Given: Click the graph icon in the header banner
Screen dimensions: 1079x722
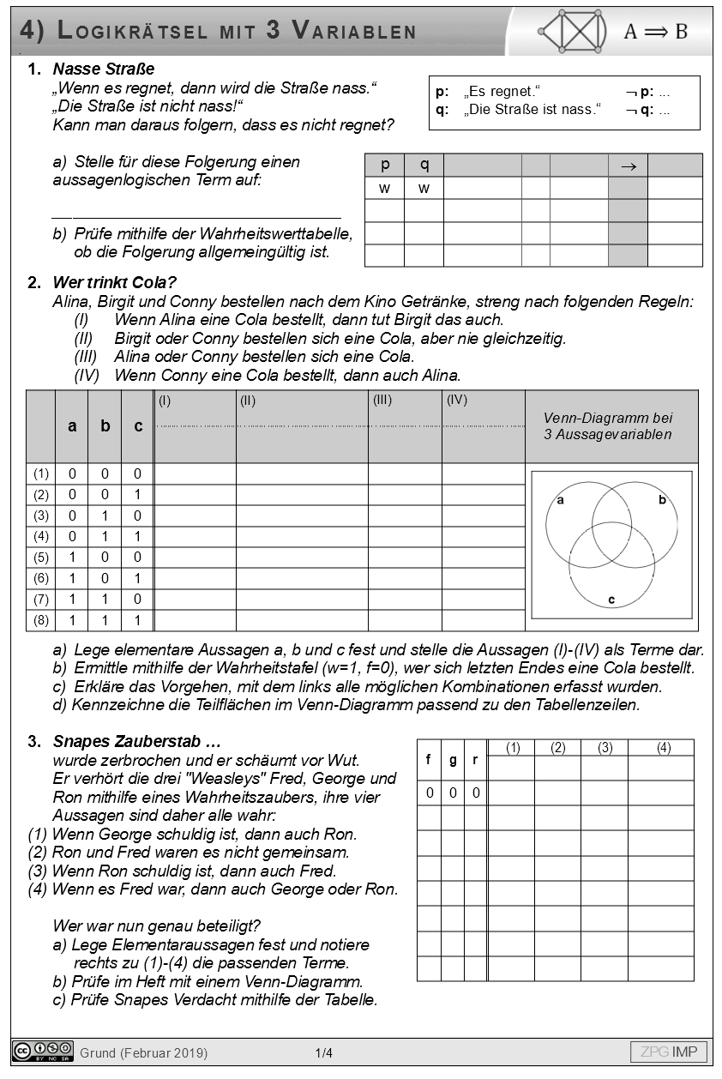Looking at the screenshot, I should pyautogui.click(x=572, y=31).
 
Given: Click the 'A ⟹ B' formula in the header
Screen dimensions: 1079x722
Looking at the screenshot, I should pyautogui.click(x=655, y=32).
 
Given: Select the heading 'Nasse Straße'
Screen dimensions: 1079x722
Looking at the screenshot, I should pyautogui.click(x=103, y=69).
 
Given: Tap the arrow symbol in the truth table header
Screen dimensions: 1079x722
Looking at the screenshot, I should pyautogui.click(x=628, y=166).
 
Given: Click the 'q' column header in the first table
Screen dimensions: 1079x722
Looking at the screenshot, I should pyautogui.click(x=424, y=165).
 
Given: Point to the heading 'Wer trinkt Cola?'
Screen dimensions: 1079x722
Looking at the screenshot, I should pyautogui.click(x=114, y=283).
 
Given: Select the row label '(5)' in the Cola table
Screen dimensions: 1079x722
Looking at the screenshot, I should pyautogui.click(x=41, y=558).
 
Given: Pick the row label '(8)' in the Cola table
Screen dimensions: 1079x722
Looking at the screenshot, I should pyautogui.click(x=41, y=620).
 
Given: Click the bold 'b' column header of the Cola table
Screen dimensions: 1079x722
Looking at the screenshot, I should pyautogui.click(x=105, y=425).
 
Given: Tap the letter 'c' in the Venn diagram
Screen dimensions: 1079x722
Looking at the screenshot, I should pyautogui.click(x=611, y=600).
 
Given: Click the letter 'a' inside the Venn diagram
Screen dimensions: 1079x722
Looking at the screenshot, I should pyautogui.click(x=561, y=500).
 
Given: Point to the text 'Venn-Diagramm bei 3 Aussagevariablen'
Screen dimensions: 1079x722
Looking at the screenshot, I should pyautogui.click(x=608, y=426).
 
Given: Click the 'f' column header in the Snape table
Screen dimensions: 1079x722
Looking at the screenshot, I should pyautogui.click(x=429, y=760).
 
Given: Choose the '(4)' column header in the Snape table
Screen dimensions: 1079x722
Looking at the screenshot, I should pyautogui.click(x=663, y=748).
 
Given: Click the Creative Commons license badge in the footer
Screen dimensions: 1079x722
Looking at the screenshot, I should pyautogui.click(x=43, y=1052).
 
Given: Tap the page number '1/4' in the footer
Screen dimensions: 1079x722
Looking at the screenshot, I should pyautogui.click(x=323, y=1052).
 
